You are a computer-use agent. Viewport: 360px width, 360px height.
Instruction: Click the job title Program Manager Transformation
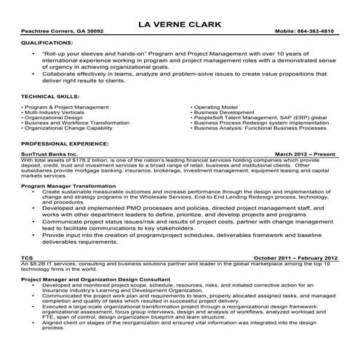(x=68, y=186)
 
